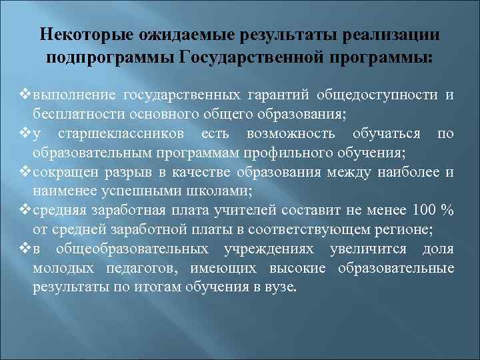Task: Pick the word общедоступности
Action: point(378,95)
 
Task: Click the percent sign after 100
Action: point(448,211)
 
